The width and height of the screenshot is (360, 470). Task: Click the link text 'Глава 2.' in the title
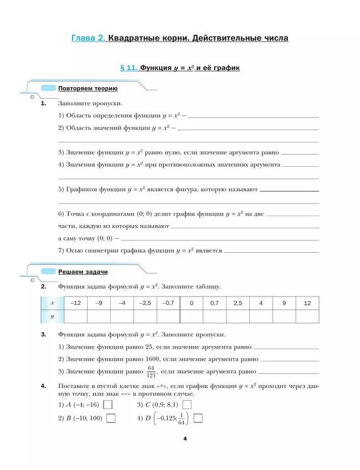[x=89, y=39]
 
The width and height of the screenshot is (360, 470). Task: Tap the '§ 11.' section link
[x=128, y=68]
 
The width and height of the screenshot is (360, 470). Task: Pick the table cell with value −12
[x=76, y=303]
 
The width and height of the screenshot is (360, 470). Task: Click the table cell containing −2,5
[x=145, y=303]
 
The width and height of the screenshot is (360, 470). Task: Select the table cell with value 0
[x=191, y=303]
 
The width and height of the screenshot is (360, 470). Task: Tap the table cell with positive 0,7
[x=214, y=303]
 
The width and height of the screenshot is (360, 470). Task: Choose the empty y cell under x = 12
[x=307, y=316]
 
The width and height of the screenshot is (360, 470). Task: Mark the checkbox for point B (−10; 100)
[x=111, y=418]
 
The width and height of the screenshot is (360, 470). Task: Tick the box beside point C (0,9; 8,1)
[x=187, y=405]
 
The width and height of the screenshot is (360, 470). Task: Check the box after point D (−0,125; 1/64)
[x=198, y=418]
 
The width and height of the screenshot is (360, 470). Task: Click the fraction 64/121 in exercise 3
[x=152, y=372]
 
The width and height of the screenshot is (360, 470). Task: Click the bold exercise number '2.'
[x=44, y=287]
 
